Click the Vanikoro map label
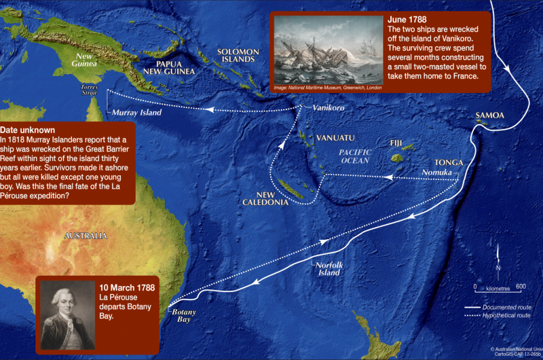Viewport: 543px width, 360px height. tap(330, 109)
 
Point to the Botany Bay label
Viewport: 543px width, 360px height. tap(185, 314)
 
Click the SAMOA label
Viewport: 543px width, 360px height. tap(490, 115)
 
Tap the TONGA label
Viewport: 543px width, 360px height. tap(449, 163)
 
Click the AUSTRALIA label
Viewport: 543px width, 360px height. tap(86, 236)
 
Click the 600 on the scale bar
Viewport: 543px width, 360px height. tap(521, 287)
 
